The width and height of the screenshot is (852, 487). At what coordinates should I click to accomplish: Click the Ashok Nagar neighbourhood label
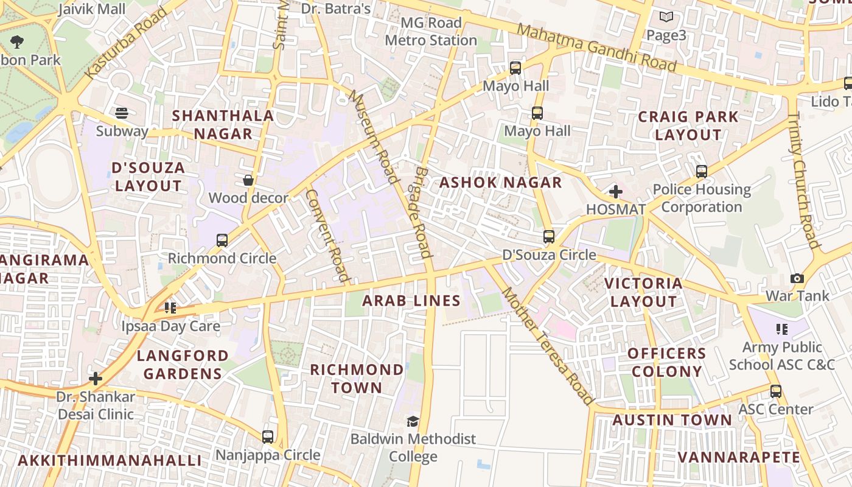(500, 183)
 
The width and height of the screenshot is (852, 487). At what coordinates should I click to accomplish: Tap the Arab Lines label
(411, 301)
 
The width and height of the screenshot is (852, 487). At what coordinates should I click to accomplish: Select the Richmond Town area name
(357, 379)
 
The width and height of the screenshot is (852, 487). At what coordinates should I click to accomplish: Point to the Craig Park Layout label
(688, 125)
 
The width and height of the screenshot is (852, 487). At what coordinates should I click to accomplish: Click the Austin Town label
(672, 420)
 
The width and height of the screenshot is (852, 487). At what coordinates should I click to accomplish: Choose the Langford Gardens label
(183, 365)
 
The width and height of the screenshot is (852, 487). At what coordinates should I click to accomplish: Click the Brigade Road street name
(420, 212)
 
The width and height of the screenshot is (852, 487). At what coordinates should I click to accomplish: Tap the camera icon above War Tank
(797, 279)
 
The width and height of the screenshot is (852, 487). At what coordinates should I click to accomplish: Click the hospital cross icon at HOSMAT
(616, 192)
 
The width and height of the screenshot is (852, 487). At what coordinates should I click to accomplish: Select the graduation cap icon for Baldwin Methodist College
(413, 421)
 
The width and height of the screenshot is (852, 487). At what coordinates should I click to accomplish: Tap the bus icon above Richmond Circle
(222, 240)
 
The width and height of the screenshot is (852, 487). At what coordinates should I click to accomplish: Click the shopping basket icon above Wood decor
(248, 180)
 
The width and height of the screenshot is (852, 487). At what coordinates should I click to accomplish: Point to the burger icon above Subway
(122, 113)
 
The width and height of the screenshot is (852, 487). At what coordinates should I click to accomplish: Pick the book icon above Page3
(666, 17)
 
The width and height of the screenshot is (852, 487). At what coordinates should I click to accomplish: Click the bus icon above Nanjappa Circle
(268, 436)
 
